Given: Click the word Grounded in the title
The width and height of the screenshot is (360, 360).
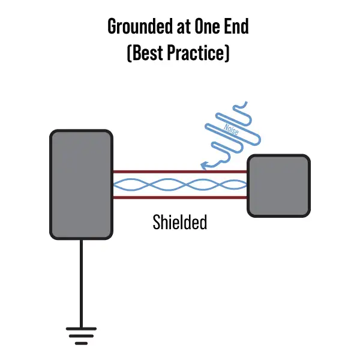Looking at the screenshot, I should tap(137, 26).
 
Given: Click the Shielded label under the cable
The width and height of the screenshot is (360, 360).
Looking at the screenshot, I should tap(180, 222).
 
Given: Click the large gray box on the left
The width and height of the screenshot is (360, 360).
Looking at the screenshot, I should tap(80, 184).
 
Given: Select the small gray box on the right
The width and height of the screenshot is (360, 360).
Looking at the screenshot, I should tap(278, 185).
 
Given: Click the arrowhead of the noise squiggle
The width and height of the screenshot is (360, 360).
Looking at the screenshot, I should tap(204, 165).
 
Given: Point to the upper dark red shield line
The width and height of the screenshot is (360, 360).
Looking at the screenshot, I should tap(180, 172).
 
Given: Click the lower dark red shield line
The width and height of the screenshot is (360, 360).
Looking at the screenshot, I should tap(180, 197).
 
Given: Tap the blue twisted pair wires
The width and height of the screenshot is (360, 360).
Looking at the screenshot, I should tap(180, 184).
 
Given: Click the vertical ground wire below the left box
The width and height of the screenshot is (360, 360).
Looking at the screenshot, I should tap(80, 282).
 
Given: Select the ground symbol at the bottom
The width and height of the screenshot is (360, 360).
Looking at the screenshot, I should tap(80, 336).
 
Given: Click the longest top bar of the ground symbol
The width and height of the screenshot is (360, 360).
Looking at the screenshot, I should tap(80, 328).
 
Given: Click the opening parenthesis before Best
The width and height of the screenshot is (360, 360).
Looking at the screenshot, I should tap(130, 52).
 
